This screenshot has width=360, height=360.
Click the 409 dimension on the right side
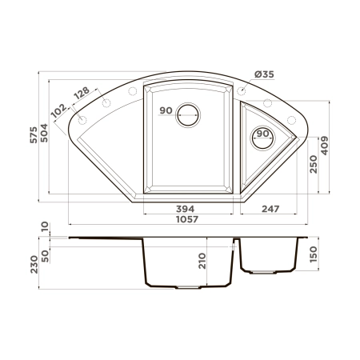point(325,146)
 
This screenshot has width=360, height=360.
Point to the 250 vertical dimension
point(314,163)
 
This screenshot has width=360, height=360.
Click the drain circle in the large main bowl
point(190,114)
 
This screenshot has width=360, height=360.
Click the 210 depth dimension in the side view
point(203,261)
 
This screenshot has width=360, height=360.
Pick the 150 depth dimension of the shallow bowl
point(314,254)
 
